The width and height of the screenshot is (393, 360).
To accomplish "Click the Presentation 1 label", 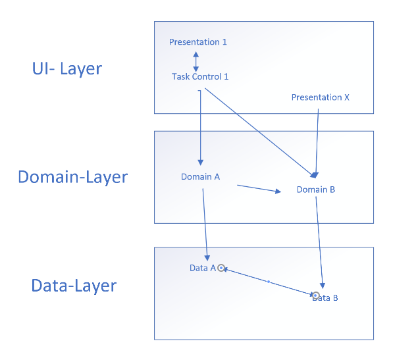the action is click(197, 42).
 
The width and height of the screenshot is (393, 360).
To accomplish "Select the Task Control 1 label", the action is click(200, 76).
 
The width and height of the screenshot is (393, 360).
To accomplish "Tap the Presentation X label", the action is click(321, 97).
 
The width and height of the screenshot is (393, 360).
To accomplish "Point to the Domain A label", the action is click(201, 176).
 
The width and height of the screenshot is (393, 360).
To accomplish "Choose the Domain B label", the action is click(316, 190).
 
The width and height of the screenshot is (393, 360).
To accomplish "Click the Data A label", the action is click(203, 268).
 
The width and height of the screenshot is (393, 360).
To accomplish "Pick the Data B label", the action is click(325, 297).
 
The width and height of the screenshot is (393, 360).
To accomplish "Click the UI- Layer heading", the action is click(67, 68).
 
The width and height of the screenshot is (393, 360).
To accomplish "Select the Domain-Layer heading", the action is click(73, 177).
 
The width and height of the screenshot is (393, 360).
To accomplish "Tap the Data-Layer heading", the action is click(74, 286).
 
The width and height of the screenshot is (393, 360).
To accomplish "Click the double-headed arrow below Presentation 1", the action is click(196, 62).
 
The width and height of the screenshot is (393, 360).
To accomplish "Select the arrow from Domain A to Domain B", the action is click(259, 188).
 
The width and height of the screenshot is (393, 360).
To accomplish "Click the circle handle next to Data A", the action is click(221, 268).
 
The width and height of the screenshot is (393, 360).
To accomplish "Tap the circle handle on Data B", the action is click(316, 296).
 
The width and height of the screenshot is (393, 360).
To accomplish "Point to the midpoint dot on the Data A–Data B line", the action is click(269, 282).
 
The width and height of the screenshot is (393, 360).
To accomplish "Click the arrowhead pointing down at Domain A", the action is click(201, 163).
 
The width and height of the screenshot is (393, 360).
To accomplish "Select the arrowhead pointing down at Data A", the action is click(207, 258).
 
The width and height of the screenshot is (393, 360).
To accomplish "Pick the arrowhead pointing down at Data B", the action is click(323, 286).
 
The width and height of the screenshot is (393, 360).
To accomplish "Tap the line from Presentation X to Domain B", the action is click(317, 141).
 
